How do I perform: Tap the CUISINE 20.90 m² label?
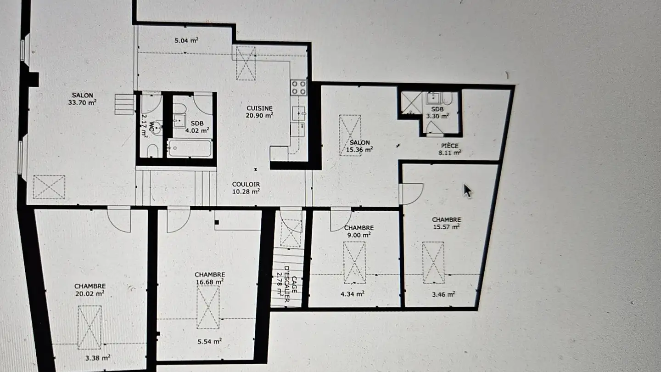pos(259,112)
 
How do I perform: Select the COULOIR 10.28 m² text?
pos(246,187)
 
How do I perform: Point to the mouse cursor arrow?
pos(467,190)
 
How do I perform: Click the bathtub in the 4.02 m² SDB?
pos(189,148)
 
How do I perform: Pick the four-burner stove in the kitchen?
pos(298,87)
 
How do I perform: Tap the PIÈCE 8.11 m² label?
pos(448,149)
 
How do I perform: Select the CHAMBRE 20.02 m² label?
pos(90,289)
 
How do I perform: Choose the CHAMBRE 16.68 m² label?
pos(209,277)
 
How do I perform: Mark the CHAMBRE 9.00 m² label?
pos(359,231)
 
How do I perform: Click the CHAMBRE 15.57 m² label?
pos(446,223)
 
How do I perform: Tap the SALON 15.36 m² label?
pos(359,146)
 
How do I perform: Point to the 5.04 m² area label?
pos(186,40)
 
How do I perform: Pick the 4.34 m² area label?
pos(353,293)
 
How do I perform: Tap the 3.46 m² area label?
pos(444,293)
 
